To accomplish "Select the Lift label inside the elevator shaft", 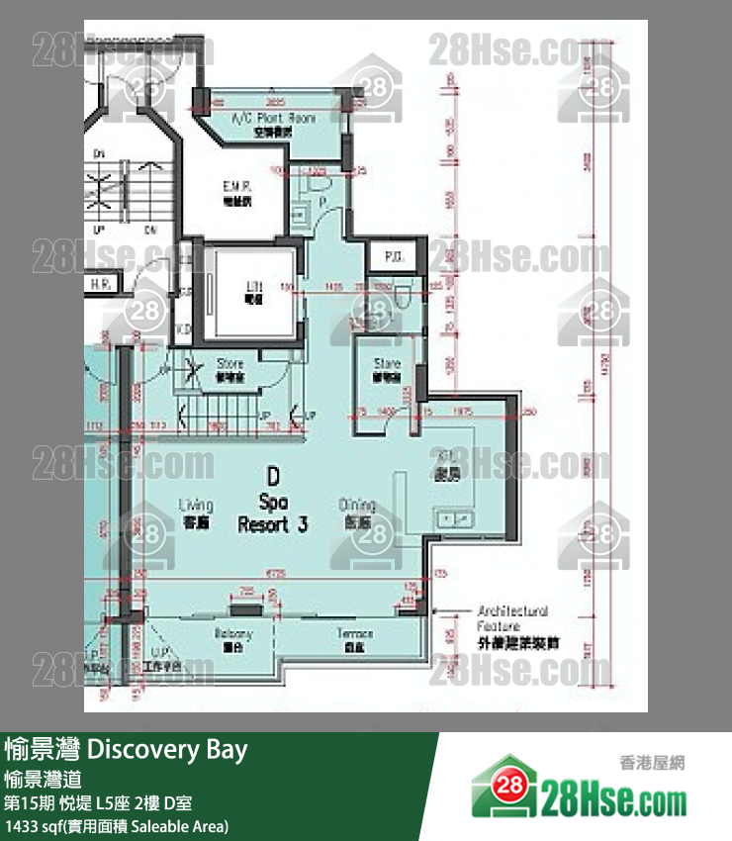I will [x=252, y=288].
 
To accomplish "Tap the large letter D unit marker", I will [x=271, y=476].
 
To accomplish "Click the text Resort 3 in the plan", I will [x=272, y=524].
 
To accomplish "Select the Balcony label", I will [x=234, y=634].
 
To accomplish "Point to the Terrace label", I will [x=354, y=634].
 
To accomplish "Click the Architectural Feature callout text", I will [x=512, y=617].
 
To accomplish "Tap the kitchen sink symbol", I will [x=457, y=517].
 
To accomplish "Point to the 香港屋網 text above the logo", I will [x=652, y=763].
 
